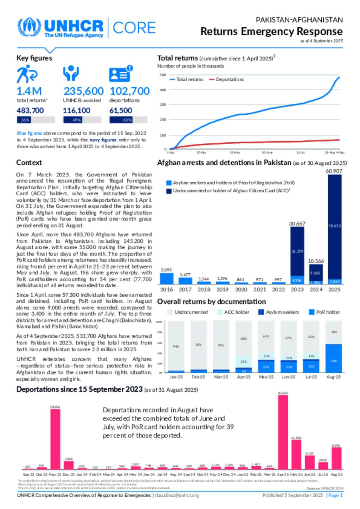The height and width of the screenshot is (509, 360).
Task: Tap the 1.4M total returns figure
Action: pos(29,91)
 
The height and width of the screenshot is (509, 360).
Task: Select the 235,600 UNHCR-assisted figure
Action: pos(83,91)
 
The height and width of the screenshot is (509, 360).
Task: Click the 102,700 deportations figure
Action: pos(130,91)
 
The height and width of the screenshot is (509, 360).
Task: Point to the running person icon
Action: pos(26,74)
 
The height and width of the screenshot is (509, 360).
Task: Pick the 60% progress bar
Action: pos(128,120)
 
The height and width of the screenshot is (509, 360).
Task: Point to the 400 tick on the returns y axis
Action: pos(162,90)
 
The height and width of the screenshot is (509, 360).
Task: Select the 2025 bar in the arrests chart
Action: pos(334,228)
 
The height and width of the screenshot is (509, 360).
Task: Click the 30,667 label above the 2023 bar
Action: pos(297,223)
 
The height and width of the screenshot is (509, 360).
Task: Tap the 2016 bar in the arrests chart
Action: pos(166,279)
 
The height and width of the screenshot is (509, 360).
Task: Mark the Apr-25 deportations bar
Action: pos(283,432)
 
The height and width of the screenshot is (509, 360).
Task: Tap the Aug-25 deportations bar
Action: pos(336,458)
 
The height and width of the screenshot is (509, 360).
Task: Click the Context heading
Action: pos(29,163)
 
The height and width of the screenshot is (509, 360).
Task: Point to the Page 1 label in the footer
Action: pos(335,495)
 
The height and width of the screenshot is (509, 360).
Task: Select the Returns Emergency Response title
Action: pos(271,32)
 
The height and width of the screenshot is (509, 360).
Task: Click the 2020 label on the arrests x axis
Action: pos(241,289)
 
